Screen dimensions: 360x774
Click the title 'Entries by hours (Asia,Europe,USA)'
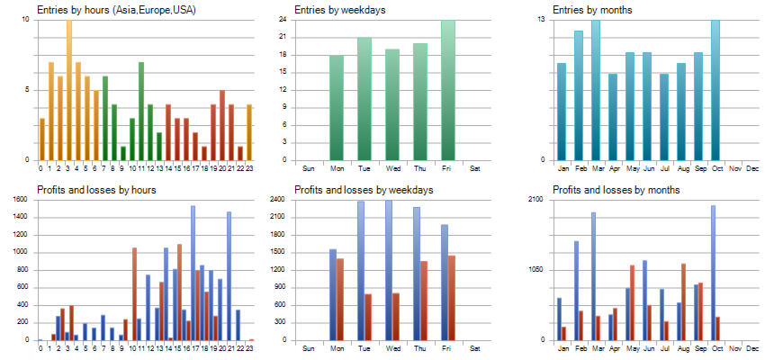(x=116, y=10)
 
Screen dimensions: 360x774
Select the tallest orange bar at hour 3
(x=68, y=90)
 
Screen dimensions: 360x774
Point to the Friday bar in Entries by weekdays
(x=447, y=90)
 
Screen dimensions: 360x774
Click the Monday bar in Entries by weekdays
(x=337, y=108)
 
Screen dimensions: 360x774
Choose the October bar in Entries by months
(x=715, y=90)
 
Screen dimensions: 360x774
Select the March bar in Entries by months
(x=596, y=90)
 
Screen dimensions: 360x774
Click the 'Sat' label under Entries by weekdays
(x=475, y=168)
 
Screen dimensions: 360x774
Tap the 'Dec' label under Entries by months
(x=752, y=168)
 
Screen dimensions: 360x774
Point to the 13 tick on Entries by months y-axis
(x=541, y=19)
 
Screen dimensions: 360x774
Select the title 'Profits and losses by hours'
(x=96, y=190)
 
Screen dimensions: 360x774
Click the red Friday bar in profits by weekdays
(x=452, y=298)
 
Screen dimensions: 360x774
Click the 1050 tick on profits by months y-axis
(x=536, y=270)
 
